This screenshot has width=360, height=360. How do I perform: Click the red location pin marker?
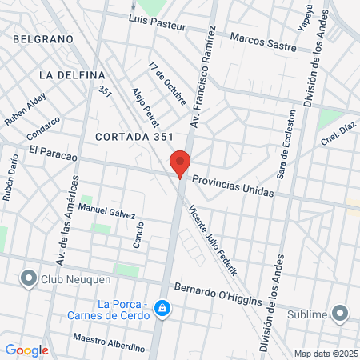pos(180,164)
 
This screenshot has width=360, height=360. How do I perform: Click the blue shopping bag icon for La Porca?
pos(162,307)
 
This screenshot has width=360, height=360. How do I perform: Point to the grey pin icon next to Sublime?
pos(341,313)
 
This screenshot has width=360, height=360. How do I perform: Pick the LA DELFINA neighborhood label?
pos(71,74)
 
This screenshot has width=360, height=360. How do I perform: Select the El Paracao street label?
pos(52,152)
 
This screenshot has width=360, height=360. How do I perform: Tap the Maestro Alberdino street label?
pos(109,342)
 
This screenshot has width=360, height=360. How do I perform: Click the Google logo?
pos(26,350)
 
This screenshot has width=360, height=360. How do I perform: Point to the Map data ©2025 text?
pos(326,354)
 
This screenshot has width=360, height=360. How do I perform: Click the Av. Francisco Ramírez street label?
pos(203,76)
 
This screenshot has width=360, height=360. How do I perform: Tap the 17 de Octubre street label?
pos(167,82)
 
